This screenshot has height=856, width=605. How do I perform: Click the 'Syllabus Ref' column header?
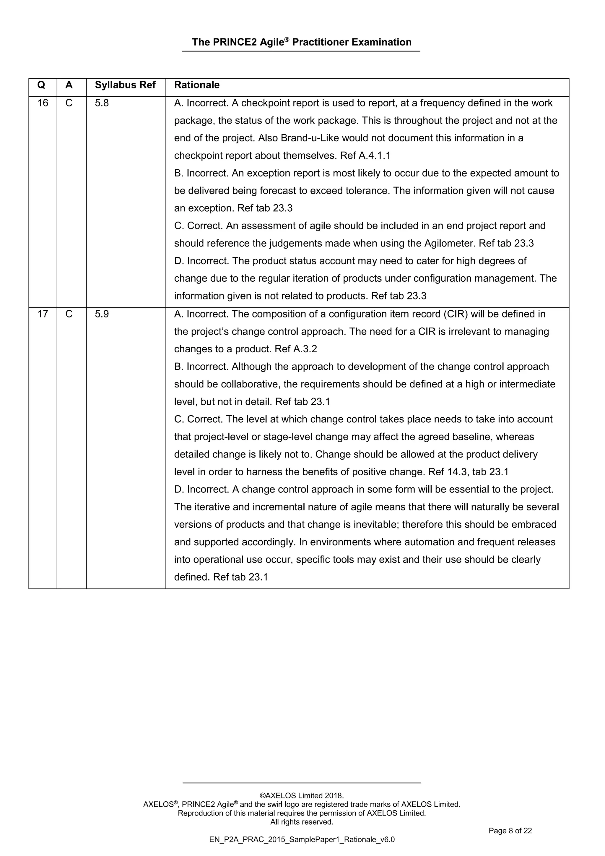(125, 85)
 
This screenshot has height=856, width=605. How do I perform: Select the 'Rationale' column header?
(197, 85)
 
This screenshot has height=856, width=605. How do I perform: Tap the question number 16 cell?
(43, 103)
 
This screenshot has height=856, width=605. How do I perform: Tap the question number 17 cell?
(43, 314)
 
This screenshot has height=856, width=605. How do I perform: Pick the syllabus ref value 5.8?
(102, 103)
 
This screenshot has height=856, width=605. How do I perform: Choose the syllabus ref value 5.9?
(102, 314)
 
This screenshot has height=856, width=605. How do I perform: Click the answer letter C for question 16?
(69, 103)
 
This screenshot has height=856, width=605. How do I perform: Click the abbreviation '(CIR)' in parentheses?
(455, 314)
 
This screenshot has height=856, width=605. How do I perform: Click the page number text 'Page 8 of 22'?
(510, 831)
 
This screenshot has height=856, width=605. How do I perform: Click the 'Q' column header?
(41, 85)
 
